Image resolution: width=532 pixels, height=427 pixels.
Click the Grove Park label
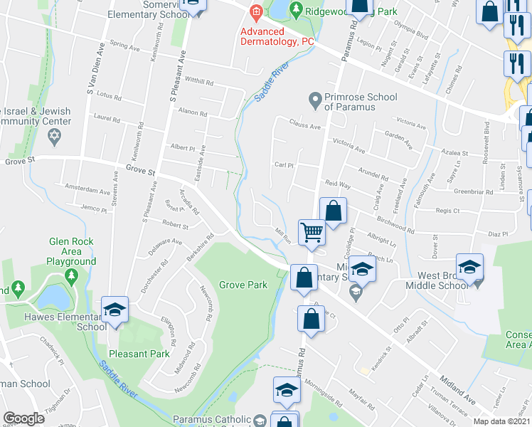[243, 285]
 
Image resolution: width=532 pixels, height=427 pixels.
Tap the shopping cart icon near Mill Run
[312, 232]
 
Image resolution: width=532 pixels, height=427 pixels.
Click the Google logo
[23, 418]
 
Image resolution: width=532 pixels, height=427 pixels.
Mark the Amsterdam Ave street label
[87, 189]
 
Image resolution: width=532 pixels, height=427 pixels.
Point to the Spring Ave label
[125, 47]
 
